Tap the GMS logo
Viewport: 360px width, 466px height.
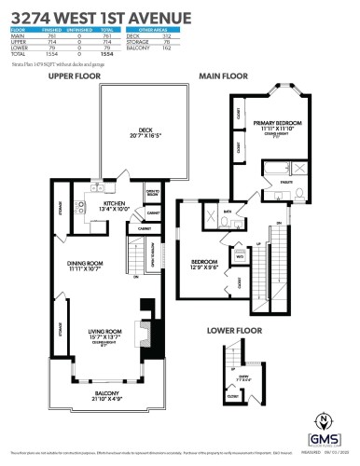pyautogui.click(x=322, y=439)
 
